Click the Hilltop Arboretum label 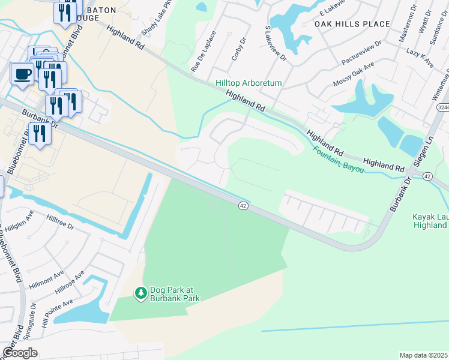click(249, 83)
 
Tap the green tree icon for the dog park click(140, 292)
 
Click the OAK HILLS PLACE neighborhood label click(352, 24)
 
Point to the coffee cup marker click(23, 74)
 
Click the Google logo click(20, 352)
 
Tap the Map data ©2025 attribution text click(423, 355)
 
